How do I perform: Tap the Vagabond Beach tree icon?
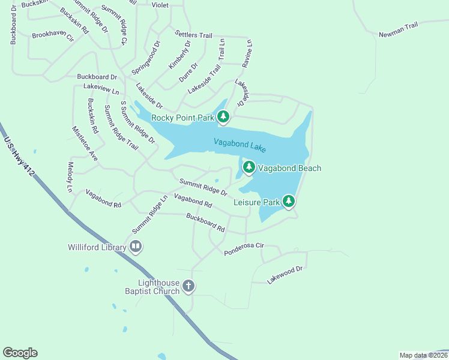(x=249, y=167)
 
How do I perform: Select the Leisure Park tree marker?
(x=289, y=201)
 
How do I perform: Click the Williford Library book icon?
(x=136, y=246)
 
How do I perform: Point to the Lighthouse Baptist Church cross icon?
(x=188, y=286)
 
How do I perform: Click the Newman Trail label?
(x=398, y=31)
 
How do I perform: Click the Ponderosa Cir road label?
(x=244, y=250)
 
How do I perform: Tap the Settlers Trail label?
(x=193, y=34)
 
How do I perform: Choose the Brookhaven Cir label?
(x=53, y=36)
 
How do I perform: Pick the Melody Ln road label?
(x=70, y=176)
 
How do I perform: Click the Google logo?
(x=20, y=353)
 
